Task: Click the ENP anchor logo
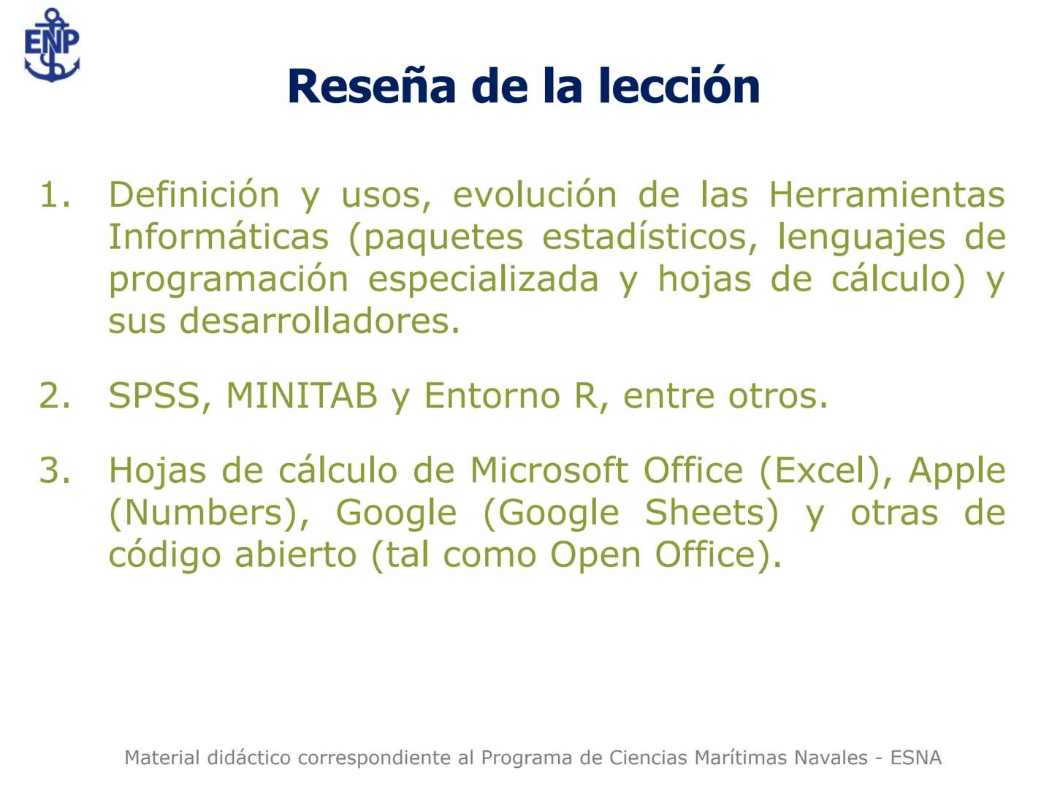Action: click(x=51, y=45)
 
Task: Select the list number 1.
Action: click(x=55, y=195)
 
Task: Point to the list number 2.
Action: click(x=55, y=396)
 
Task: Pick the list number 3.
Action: click(x=55, y=470)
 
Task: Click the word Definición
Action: click(x=194, y=195)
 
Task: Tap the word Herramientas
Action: click(x=886, y=195)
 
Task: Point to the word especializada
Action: click(x=483, y=280)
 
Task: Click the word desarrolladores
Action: click(x=319, y=321)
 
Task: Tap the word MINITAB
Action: click(x=301, y=396)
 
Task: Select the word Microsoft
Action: click(x=548, y=470)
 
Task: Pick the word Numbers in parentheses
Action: click(x=204, y=513)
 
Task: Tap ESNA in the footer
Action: click(x=915, y=758)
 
